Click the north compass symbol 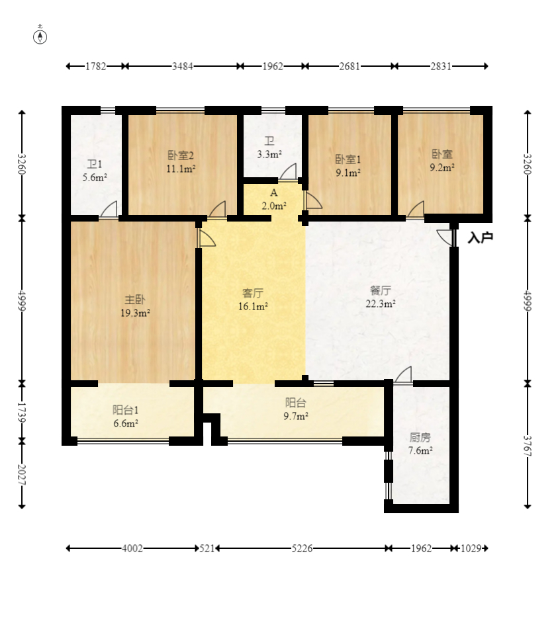point(40,37)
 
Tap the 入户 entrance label point(480,237)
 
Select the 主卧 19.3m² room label point(135,306)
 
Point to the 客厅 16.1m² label point(253,299)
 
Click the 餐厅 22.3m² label point(381,297)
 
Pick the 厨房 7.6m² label point(420,444)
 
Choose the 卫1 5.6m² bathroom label point(95,171)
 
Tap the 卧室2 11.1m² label point(181,162)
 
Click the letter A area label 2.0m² point(274,199)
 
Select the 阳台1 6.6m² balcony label point(126,417)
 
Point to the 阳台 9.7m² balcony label point(296,409)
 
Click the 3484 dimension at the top point(182,66)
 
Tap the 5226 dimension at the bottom point(302,548)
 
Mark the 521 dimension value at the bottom point(207,548)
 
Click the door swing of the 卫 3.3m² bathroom point(288,172)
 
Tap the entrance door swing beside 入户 point(445,237)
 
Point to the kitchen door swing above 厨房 point(404,374)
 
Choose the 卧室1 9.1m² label point(348,166)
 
